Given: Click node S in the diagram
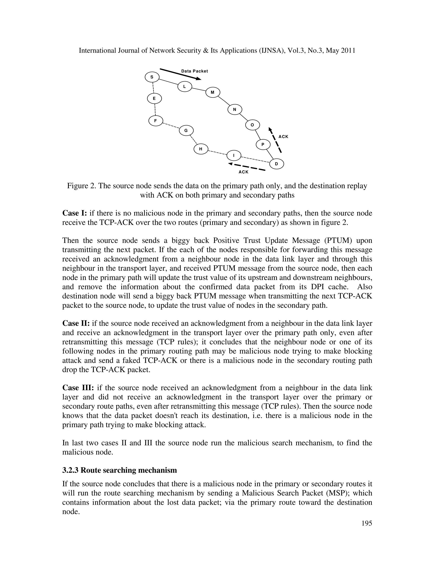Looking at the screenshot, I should pos(152,77).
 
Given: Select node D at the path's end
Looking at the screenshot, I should pos(276,164).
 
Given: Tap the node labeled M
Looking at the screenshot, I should pos(213,92).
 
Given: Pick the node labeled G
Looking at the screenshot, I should pos(186,130).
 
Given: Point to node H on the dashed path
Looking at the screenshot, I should pos(201,149).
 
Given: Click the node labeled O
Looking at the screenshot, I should pos(252,125).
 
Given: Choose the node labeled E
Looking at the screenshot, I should pos(154,98).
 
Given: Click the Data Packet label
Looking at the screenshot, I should pos(194,71).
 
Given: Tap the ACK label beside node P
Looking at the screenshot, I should pos(283,137).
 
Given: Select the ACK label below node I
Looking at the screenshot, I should pos(243,172).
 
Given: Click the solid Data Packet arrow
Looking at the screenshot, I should pos(180,74).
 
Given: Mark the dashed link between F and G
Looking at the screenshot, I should pos(171,125).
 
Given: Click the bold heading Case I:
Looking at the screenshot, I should pos(75,213).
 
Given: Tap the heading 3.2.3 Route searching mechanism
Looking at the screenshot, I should pos(119,470).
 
